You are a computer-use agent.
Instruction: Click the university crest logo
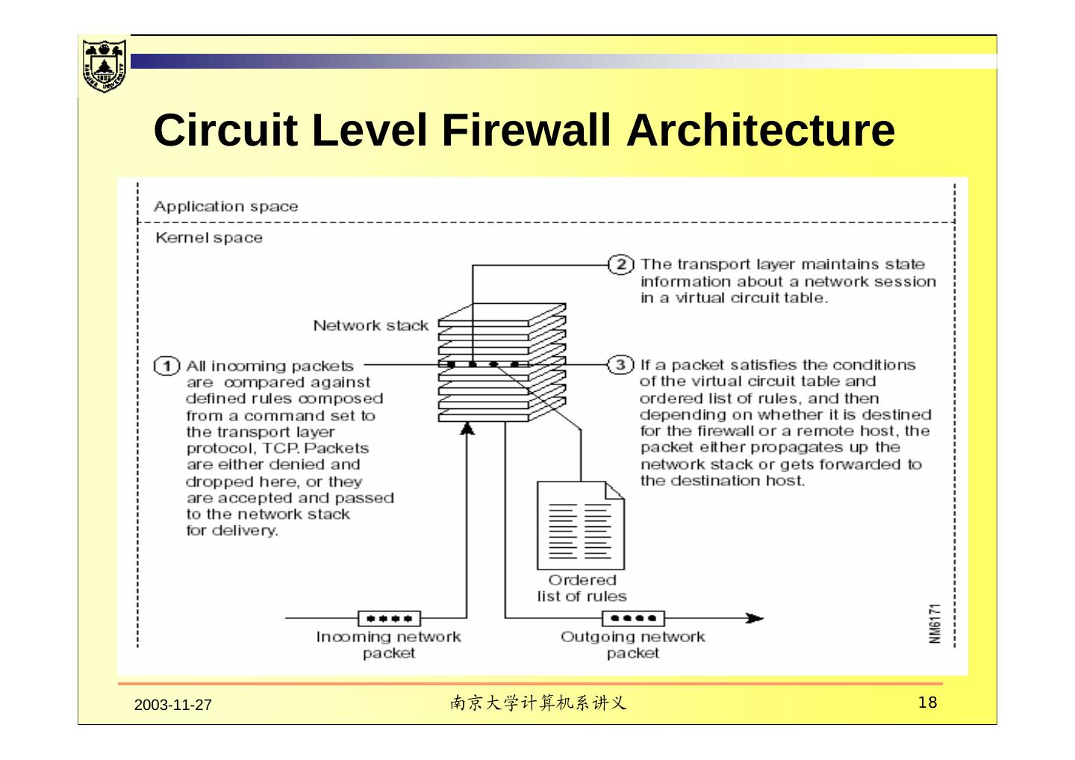(x=104, y=64)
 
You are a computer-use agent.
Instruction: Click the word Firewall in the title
(x=526, y=130)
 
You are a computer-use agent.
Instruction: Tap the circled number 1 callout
(x=166, y=366)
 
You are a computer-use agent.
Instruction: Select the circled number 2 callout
(x=621, y=264)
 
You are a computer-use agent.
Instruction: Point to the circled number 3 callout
(x=621, y=365)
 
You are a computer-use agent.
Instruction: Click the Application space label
(x=225, y=207)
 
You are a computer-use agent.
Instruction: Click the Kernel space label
(x=209, y=238)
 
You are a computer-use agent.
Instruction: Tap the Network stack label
(x=370, y=326)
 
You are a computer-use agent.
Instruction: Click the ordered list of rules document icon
(x=580, y=525)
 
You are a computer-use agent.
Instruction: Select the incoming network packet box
(x=389, y=618)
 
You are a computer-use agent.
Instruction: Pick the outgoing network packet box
(x=633, y=618)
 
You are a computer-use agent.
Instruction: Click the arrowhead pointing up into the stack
(x=467, y=427)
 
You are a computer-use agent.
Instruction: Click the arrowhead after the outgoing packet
(x=755, y=618)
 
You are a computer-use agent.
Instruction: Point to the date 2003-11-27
(x=173, y=705)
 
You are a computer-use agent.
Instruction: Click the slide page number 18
(x=927, y=703)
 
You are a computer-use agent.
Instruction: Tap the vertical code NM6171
(x=935, y=623)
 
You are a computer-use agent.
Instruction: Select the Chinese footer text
(x=537, y=703)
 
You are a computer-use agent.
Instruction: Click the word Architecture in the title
(x=760, y=130)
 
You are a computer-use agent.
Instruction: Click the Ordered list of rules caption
(x=582, y=588)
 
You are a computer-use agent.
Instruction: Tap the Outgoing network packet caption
(x=632, y=645)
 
